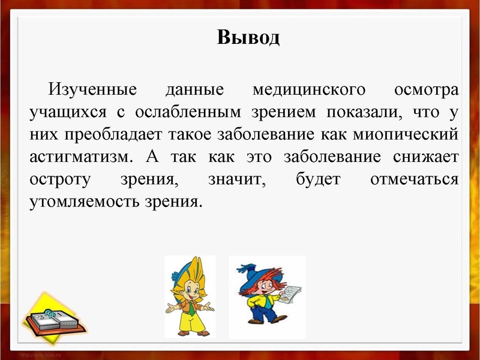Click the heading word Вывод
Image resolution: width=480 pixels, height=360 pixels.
coord(248,38)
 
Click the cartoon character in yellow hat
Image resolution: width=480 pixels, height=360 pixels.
coord(190,296)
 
